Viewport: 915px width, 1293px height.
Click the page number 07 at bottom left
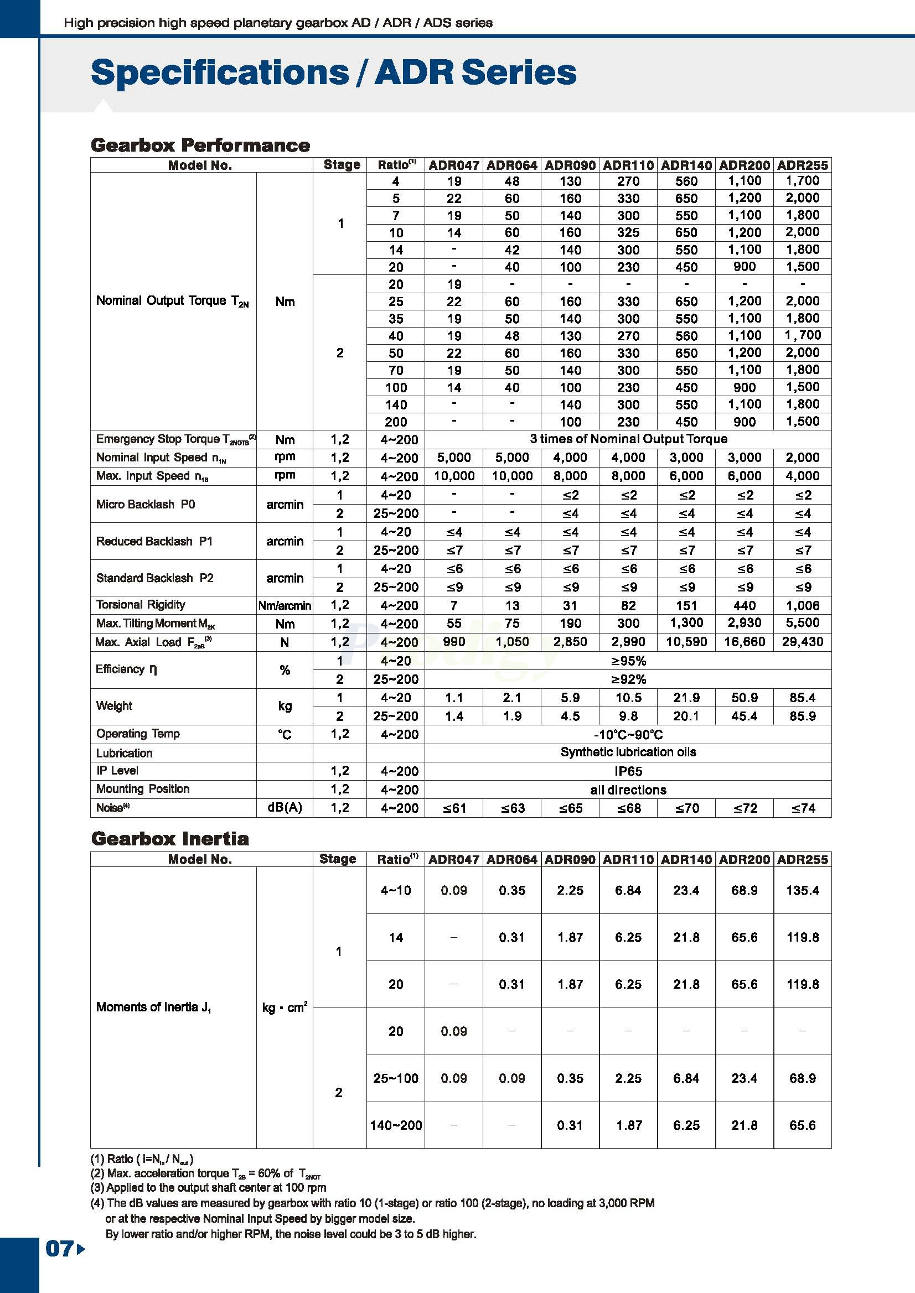tap(59, 1249)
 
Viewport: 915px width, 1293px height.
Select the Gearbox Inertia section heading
tap(169, 839)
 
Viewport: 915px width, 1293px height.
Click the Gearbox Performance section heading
tap(200, 146)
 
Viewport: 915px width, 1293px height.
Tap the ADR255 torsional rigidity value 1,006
tap(802, 605)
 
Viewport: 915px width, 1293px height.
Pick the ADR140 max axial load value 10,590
tap(686, 642)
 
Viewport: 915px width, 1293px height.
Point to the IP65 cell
tap(628, 771)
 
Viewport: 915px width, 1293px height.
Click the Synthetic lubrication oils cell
tap(628, 752)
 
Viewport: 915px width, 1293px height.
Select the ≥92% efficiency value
tap(628, 679)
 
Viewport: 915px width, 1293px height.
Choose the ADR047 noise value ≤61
tap(453, 808)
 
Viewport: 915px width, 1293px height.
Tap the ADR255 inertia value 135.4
tap(802, 890)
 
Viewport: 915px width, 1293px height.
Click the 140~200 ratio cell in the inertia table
tap(396, 1125)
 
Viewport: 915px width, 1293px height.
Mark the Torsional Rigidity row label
tap(140, 605)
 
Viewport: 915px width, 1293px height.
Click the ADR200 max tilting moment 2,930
tap(745, 624)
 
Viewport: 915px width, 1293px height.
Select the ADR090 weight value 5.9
tap(570, 698)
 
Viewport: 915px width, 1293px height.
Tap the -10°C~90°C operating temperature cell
tap(628, 734)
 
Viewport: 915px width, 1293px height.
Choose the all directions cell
tap(628, 790)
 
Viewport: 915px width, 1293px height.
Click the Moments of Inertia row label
tap(153, 1007)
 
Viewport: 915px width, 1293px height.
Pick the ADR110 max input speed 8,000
tap(628, 476)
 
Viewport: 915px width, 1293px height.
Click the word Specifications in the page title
tap(220, 72)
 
